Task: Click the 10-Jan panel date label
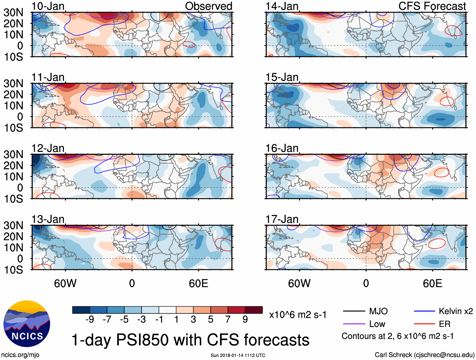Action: [x=48, y=6]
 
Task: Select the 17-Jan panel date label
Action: [x=282, y=219]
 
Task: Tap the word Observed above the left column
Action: [x=208, y=6]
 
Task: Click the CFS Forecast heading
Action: [x=432, y=6]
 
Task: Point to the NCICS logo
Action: [x=27, y=324]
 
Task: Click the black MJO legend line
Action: [x=354, y=311]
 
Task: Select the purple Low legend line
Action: [x=354, y=324]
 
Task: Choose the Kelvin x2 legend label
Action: [x=456, y=311]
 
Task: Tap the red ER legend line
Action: [x=424, y=324]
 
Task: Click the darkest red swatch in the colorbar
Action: [x=254, y=310]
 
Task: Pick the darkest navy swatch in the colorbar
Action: [x=81, y=310]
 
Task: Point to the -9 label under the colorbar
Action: [x=90, y=320]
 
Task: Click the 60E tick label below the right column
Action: [x=432, y=283]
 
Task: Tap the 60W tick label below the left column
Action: [x=65, y=283]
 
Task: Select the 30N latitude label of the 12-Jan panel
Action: [x=13, y=154]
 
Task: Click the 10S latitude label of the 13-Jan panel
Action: [x=13, y=270]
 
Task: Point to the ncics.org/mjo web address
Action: [x=20, y=355]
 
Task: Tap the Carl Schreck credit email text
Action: [x=424, y=355]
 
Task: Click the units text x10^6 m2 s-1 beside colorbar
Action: [x=298, y=315]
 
